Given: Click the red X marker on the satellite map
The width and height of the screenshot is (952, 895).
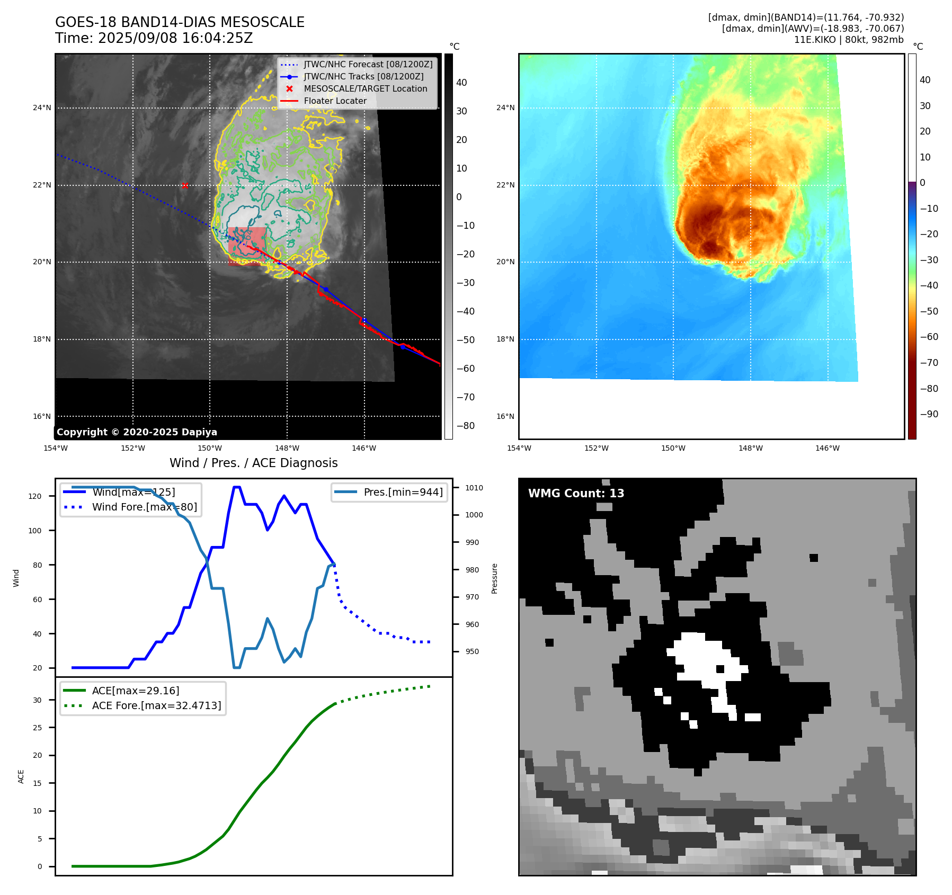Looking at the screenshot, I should coord(184,185).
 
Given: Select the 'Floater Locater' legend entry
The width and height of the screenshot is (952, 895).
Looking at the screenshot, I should coord(335,101).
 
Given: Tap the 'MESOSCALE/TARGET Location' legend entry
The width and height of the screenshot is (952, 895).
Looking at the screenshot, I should coord(365,89).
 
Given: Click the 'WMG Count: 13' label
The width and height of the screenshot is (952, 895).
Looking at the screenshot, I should coord(576,494).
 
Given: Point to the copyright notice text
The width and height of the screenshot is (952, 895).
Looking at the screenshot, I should coord(137,432).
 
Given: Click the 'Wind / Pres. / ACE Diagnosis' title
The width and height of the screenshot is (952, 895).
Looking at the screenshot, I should coord(253,463).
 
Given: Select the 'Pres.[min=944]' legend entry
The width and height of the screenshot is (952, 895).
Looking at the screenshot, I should coord(403,492).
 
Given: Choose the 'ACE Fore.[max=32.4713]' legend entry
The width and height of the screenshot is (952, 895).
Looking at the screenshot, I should coord(156,705).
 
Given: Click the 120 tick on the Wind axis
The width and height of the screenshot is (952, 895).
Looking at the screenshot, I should coord(35,496).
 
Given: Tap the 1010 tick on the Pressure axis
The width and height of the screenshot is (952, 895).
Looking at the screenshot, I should coord(474,488).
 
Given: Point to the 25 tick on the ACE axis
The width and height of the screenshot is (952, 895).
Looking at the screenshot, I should coord(37,728).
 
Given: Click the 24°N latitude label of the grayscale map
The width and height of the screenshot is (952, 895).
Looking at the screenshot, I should coord(42,108).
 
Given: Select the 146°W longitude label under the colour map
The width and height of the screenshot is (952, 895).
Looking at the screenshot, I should coord(827,449).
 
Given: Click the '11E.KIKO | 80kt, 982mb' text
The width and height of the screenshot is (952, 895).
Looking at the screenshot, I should coord(849,40).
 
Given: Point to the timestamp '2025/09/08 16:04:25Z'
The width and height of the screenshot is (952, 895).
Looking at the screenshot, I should coord(175,38).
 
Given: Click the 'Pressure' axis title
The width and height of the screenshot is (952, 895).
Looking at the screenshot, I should coord(494,578).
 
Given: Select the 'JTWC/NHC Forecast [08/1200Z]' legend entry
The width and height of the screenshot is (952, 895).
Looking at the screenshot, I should coord(368,65).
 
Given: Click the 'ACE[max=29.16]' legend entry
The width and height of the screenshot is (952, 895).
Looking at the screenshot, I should coord(135,691).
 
